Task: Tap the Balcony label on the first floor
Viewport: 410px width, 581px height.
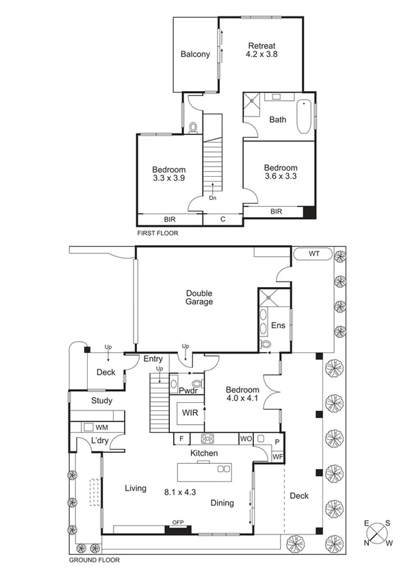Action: pyautogui.click(x=195, y=55)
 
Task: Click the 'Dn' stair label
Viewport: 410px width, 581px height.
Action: pyautogui.click(x=213, y=198)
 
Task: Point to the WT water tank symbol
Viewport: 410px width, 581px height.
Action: pyautogui.click(x=314, y=254)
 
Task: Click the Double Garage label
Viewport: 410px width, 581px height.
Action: pyautogui.click(x=199, y=297)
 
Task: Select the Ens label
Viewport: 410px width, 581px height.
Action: pyautogui.click(x=278, y=325)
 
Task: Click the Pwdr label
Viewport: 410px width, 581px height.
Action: pyautogui.click(x=188, y=391)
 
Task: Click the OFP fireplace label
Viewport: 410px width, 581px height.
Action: pyautogui.click(x=178, y=523)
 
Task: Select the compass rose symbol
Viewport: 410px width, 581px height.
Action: pyautogui.click(x=378, y=533)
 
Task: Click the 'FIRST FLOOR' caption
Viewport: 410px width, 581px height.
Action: pyautogui.click(x=157, y=233)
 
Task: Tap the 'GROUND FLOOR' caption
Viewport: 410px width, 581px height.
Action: pyautogui.click(x=94, y=560)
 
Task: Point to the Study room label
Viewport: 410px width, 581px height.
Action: pyautogui.click(x=101, y=401)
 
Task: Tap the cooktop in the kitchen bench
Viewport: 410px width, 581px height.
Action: pyautogui.click(x=207, y=438)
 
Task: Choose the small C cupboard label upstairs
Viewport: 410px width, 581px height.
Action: pyautogui.click(x=222, y=219)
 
